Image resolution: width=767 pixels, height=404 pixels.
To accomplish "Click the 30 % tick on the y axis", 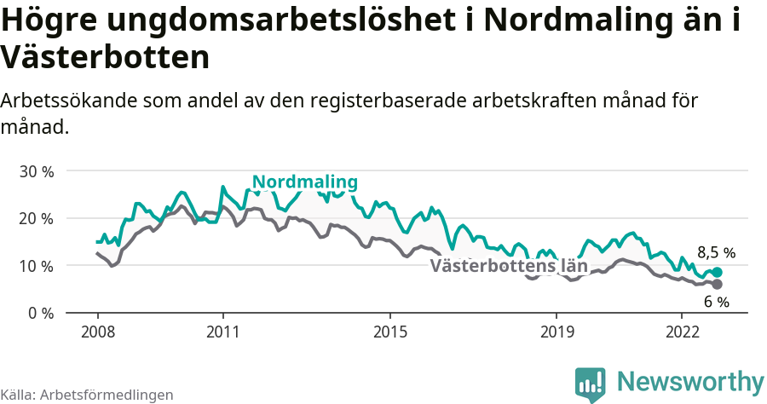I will click(x=36, y=171).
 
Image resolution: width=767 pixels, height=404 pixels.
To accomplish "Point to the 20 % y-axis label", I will click(x=36, y=218).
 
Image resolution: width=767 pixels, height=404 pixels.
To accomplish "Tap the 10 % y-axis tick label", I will click(x=36, y=266).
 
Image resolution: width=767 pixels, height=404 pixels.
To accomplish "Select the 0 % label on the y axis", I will click(x=39, y=313).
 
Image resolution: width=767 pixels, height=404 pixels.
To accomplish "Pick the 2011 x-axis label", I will click(x=222, y=331).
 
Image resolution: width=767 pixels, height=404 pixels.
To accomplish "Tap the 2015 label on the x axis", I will click(x=389, y=331).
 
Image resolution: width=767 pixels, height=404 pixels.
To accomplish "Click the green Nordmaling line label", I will click(x=305, y=182).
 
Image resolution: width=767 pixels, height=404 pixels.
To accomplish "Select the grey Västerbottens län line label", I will click(x=509, y=266).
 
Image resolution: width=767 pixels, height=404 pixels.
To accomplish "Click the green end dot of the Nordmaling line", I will click(x=717, y=272).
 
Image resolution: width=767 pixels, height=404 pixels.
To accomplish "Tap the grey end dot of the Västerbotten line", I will click(x=717, y=284).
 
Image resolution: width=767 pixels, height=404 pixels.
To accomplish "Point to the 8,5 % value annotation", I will click(x=716, y=253).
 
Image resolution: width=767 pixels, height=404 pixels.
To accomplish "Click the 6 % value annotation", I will click(x=716, y=302).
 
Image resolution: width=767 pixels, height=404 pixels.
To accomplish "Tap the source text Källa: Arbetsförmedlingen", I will click(x=87, y=395).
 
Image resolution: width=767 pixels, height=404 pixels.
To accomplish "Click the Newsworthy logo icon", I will click(x=591, y=384).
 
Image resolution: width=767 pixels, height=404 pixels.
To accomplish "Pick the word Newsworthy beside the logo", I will click(x=690, y=381).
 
